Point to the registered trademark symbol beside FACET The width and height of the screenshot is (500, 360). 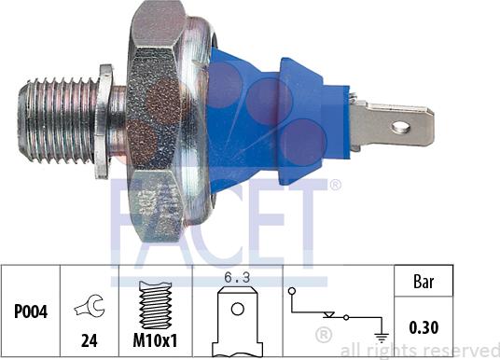coord(335,186)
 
